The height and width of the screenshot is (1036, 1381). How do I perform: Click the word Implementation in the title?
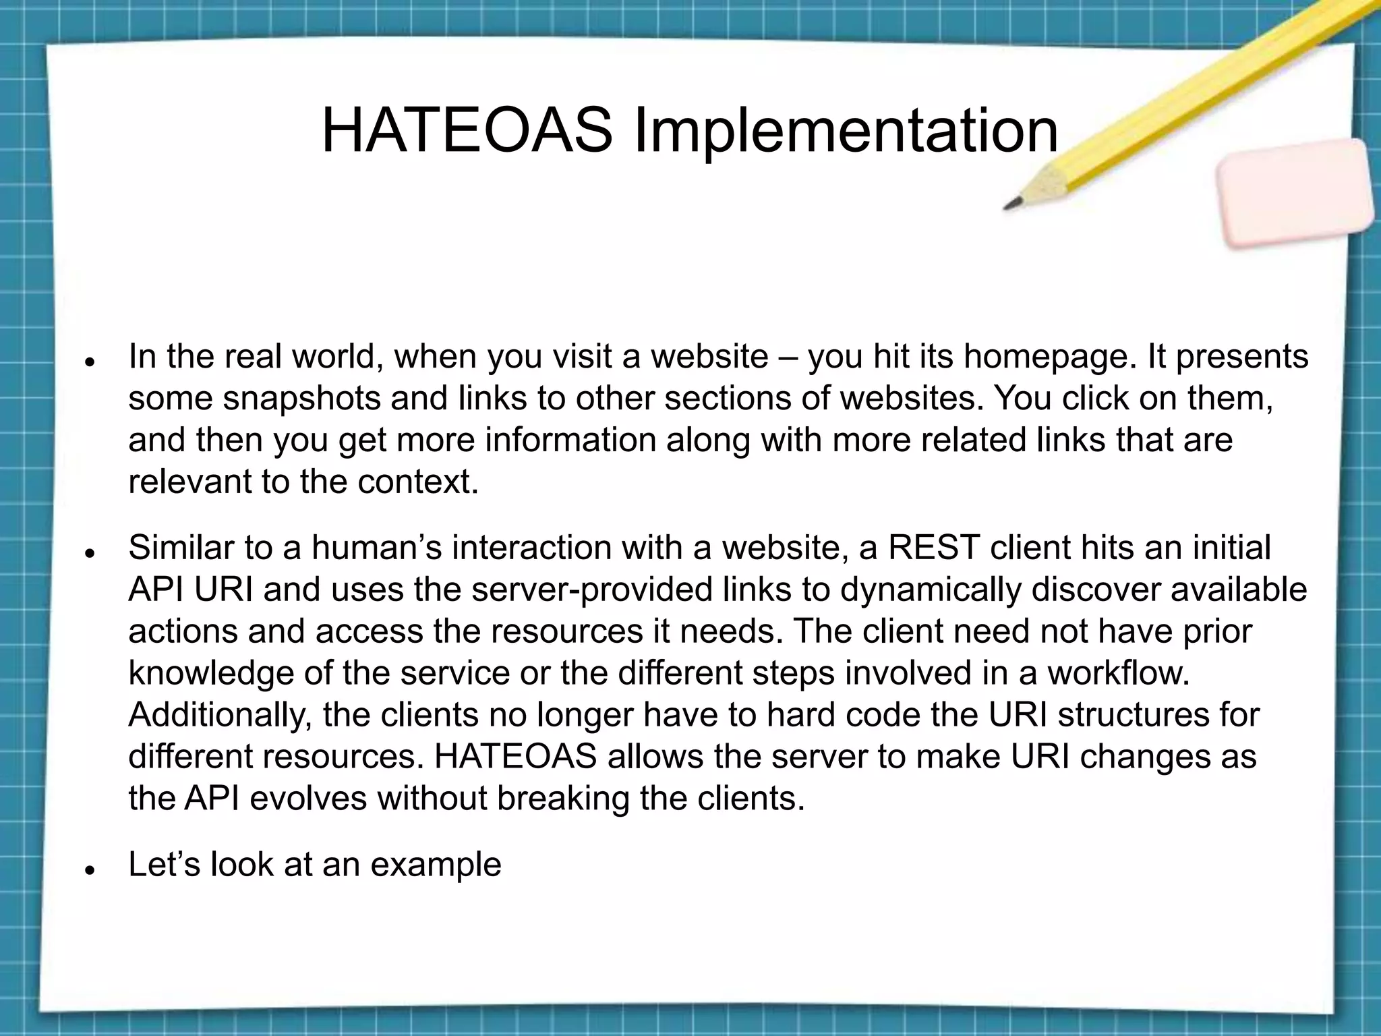846,132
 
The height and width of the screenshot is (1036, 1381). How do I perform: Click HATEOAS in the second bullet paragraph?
516,756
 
